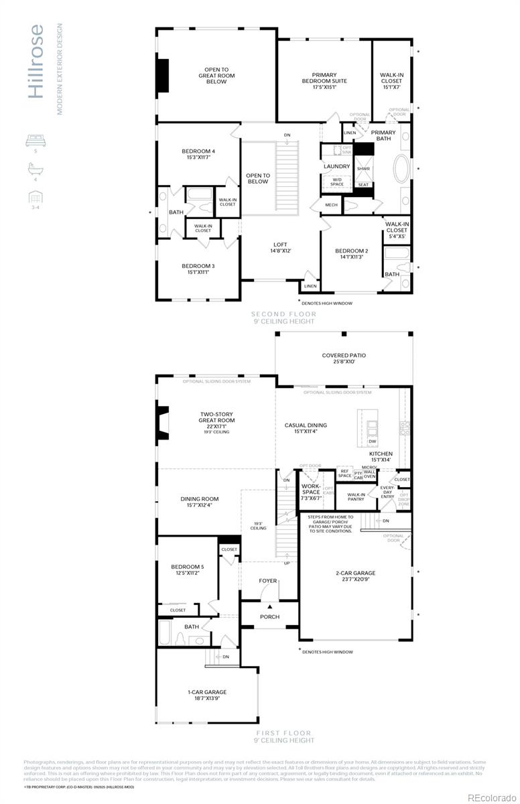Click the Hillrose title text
37,62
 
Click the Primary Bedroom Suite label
324,80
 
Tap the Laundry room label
336,166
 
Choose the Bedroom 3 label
198,269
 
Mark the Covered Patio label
344,359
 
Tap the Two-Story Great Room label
216,420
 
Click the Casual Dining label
306,428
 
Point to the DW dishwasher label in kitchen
372,442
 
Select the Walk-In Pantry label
355,497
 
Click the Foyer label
268,581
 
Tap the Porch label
269,616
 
